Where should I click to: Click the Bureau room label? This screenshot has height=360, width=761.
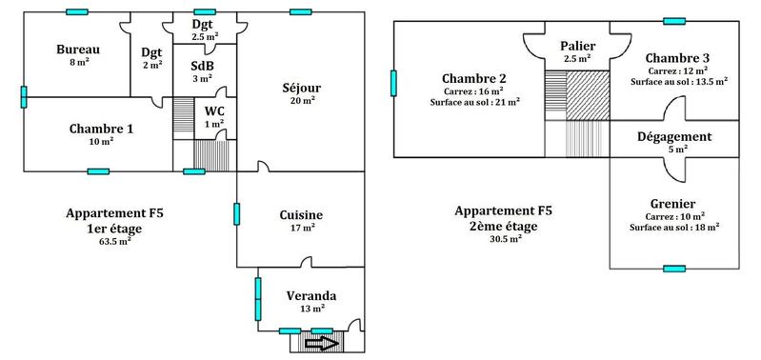(78, 50)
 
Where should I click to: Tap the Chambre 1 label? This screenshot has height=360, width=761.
(101, 129)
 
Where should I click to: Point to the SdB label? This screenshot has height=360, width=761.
(202, 66)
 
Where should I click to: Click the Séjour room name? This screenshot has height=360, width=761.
(300, 88)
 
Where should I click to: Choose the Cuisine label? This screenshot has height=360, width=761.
(300, 215)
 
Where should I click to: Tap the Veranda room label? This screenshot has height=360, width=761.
(310, 295)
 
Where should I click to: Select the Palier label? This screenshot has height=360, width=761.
(577, 46)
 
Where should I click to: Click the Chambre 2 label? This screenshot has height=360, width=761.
(473, 78)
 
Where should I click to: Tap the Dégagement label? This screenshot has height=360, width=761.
(677, 137)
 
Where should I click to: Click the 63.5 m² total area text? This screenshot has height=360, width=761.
(114, 242)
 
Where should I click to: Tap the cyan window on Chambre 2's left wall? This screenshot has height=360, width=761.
(392, 83)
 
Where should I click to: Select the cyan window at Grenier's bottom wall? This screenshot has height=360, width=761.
(674, 270)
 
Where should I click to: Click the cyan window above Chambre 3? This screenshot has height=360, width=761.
(674, 21)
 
